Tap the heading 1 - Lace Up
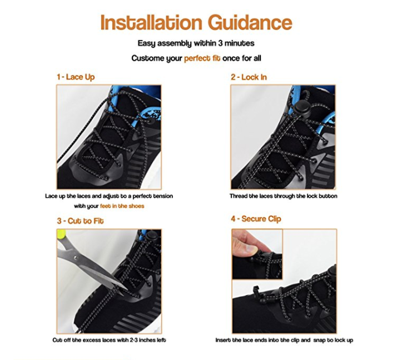pos(76,77)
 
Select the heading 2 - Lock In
pos(249,77)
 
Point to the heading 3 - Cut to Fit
pos(80,221)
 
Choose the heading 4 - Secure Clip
pos(256,219)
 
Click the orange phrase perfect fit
pos(202,58)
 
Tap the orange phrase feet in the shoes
pos(122,206)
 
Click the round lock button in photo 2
pos(300,108)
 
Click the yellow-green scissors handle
pos(62,234)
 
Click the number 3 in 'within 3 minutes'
pos(220,43)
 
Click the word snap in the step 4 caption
pos(319,341)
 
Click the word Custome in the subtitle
pos(148,58)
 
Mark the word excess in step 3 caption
pos(92,340)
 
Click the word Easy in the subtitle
pos(146,43)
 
